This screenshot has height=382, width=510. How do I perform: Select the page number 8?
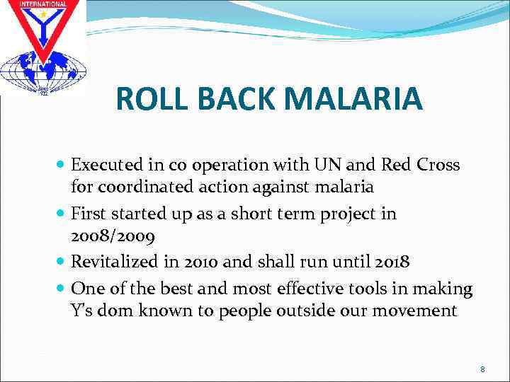click(x=482, y=369)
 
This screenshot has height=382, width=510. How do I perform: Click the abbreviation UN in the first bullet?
click(x=334, y=166)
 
